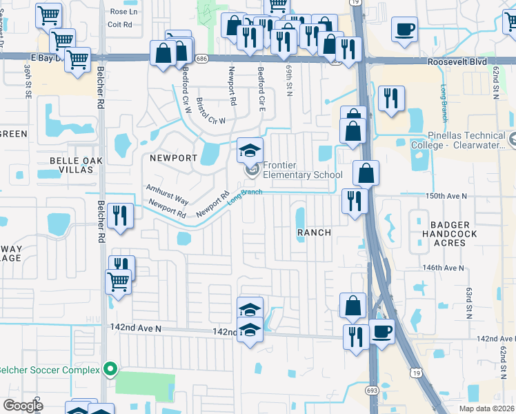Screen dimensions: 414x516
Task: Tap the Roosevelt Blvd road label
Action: point(459,61)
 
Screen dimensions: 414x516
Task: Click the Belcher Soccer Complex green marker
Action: point(109,368)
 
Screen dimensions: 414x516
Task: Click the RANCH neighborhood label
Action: point(314,233)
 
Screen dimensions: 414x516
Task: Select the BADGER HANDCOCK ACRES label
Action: point(450,235)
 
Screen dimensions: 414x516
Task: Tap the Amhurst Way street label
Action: point(167,194)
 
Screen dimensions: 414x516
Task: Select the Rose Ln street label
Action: point(123,12)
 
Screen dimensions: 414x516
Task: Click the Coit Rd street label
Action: point(119,24)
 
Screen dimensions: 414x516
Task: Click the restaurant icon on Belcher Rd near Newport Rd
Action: point(120,215)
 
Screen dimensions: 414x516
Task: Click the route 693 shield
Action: point(372,391)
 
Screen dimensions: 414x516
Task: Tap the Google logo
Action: point(22,405)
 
